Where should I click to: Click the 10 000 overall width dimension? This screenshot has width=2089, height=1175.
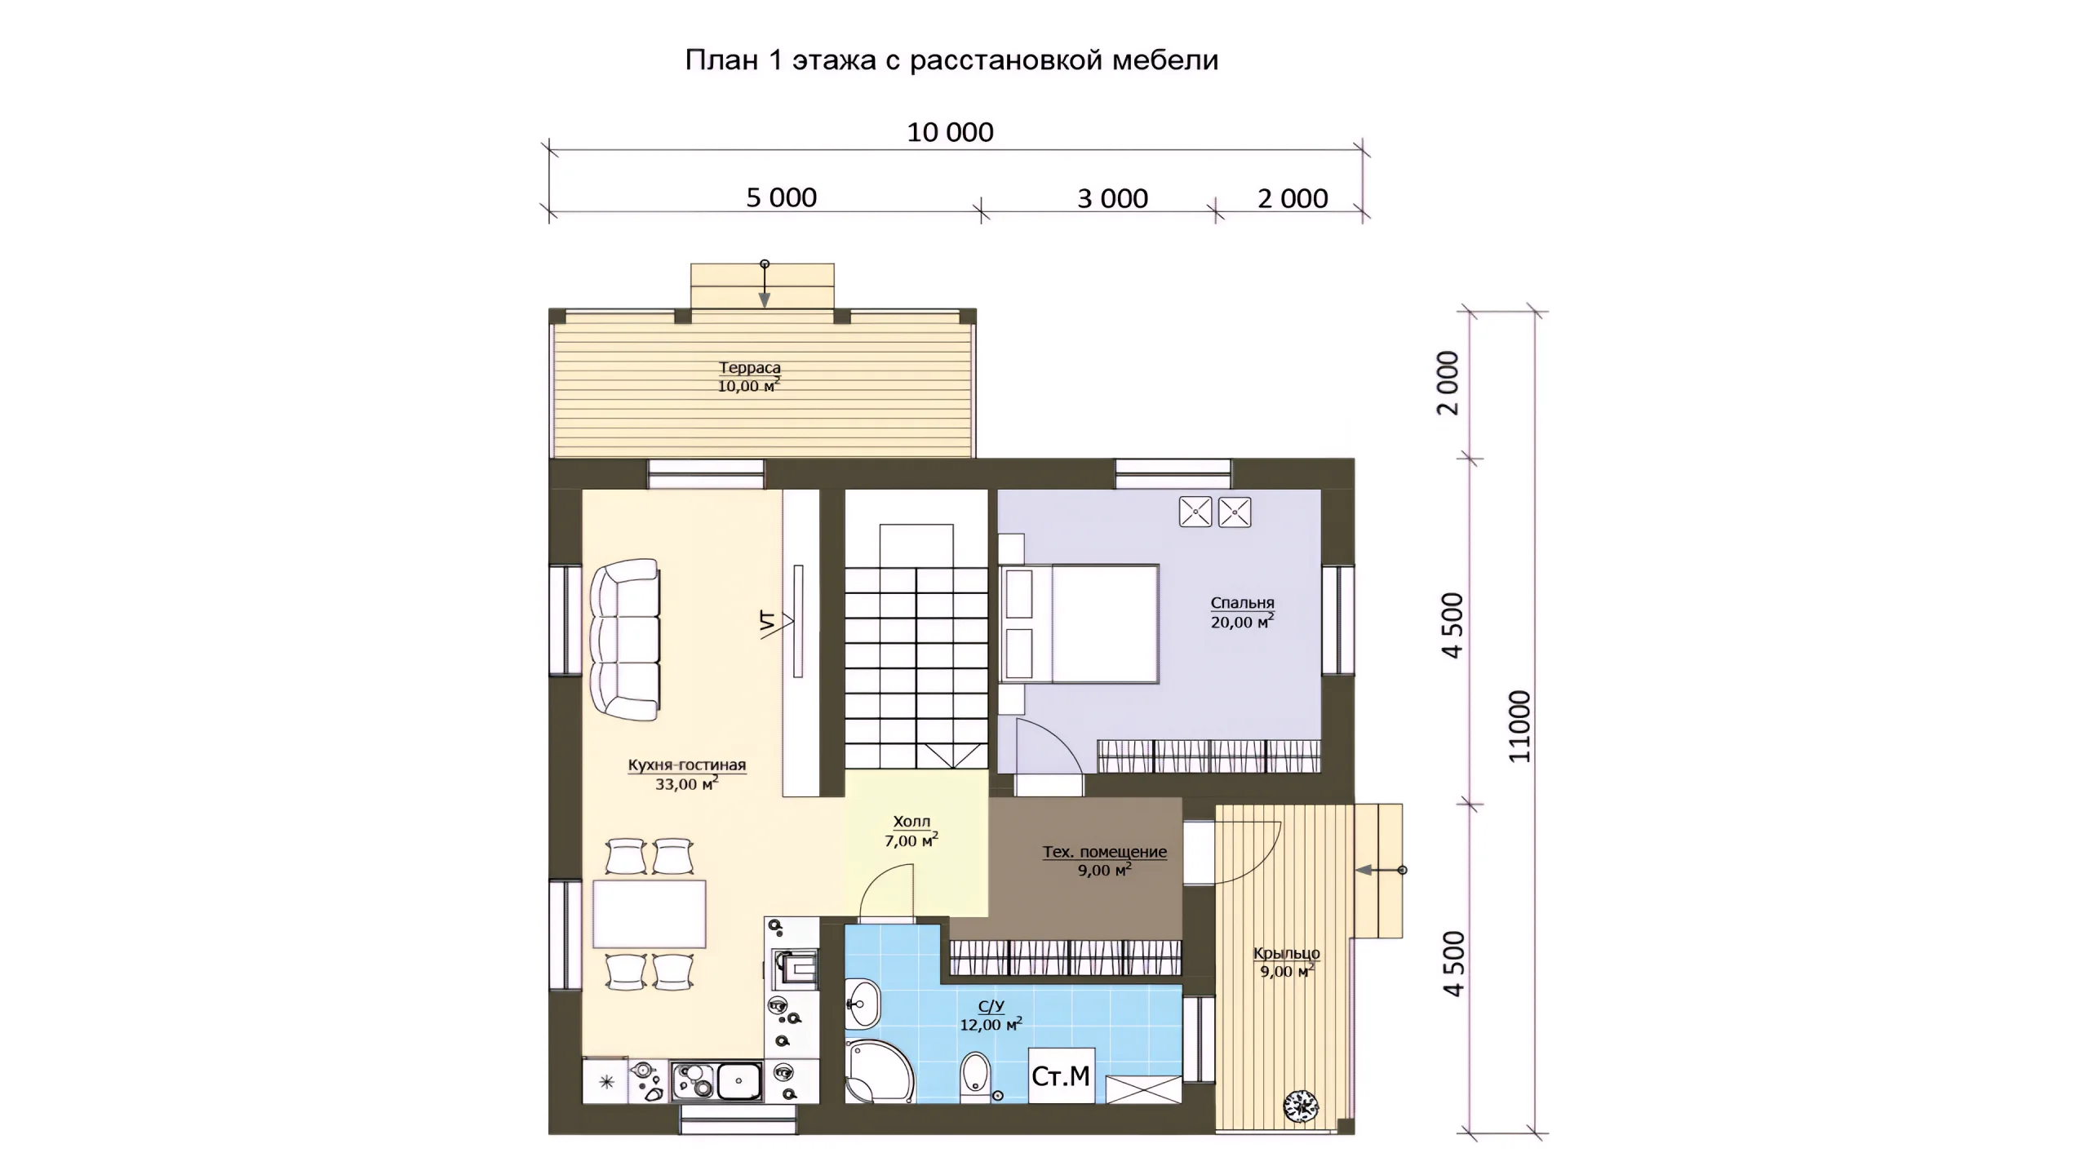[950, 132]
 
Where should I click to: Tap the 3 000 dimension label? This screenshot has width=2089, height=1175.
[1112, 198]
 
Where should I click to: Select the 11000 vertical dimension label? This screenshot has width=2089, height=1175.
[1519, 726]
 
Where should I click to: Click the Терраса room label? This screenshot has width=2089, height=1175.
[749, 368]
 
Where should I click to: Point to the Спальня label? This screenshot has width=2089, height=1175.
[1242, 603]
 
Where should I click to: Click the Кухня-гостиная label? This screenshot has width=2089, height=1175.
[686, 765]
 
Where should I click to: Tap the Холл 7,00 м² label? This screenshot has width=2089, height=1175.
[911, 831]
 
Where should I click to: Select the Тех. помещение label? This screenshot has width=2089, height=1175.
[1104, 852]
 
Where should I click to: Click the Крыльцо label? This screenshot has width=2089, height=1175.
[1286, 953]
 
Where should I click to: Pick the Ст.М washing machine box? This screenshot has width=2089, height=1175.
[1061, 1075]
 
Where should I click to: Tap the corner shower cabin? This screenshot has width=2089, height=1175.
[880, 1071]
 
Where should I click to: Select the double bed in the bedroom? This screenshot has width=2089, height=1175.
[1079, 623]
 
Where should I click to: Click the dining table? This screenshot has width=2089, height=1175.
[650, 914]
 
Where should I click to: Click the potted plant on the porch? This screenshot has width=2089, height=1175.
[1301, 1106]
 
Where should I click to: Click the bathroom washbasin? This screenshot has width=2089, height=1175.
[863, 1004]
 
